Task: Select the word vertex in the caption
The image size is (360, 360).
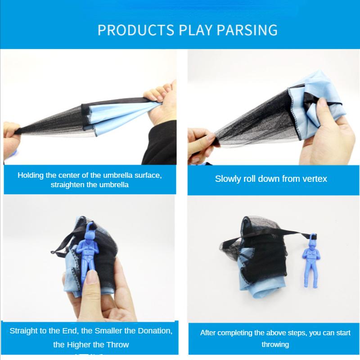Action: click(x=315, y=179)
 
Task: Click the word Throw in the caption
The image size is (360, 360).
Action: click(x=118, y=345)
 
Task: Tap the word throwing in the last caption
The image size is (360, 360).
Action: click(x=275, y=344)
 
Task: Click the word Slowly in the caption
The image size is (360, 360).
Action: click(x=228, y=179)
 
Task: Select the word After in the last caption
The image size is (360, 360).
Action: click(x=209, y=333)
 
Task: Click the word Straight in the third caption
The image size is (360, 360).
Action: click(x=24, y=331)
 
